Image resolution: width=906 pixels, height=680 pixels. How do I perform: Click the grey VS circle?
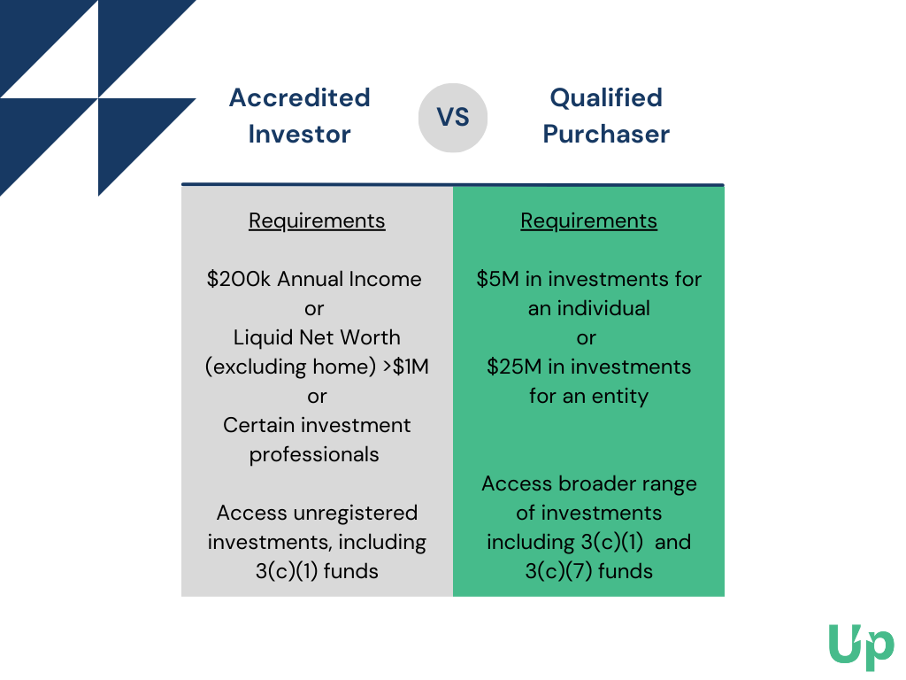[x=453, y=118]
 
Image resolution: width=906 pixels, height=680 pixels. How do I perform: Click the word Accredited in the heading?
[x=299, y=97]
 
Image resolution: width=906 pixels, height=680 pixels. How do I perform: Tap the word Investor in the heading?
[x=299, y=135]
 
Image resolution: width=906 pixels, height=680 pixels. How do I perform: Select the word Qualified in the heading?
[x=606, y=97]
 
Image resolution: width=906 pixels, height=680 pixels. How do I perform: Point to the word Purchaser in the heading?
[x=606, y=135]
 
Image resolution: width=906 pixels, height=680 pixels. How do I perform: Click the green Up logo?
[x=861, y=646]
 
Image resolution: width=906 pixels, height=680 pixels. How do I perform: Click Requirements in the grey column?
[x=317, y=220]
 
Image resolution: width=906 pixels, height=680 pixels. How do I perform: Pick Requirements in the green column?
[x=588, y=220]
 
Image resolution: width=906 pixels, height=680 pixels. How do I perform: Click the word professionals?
[x=314, y=455]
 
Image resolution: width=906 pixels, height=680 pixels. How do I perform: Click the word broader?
[x=601, y=483]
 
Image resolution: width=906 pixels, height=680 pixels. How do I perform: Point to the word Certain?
[x=259, y=425]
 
